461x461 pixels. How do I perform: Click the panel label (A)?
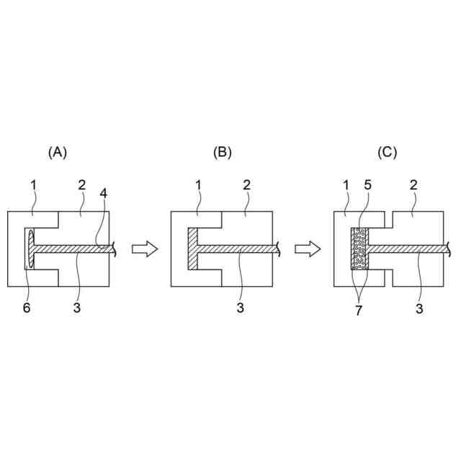click(58, 152)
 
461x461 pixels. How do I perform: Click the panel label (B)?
click(223, 152)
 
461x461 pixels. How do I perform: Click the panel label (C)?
click(388, 152)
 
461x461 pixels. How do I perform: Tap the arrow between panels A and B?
click(144, 249)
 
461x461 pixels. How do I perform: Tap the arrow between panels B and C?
click(308, 249)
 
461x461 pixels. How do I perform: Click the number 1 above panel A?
click(33, 187)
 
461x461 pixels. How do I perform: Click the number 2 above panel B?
click(246, 187)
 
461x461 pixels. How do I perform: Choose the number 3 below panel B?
click(241, 308)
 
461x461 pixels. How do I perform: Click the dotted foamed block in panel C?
click(359, 249)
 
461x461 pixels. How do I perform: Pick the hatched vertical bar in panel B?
click(192, 249)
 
